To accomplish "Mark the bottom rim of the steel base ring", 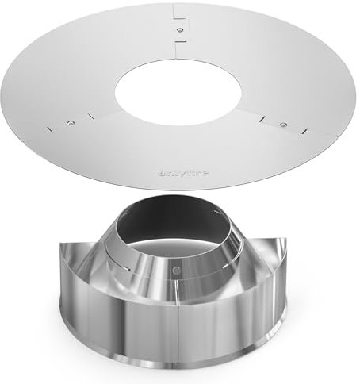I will (175, 373).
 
